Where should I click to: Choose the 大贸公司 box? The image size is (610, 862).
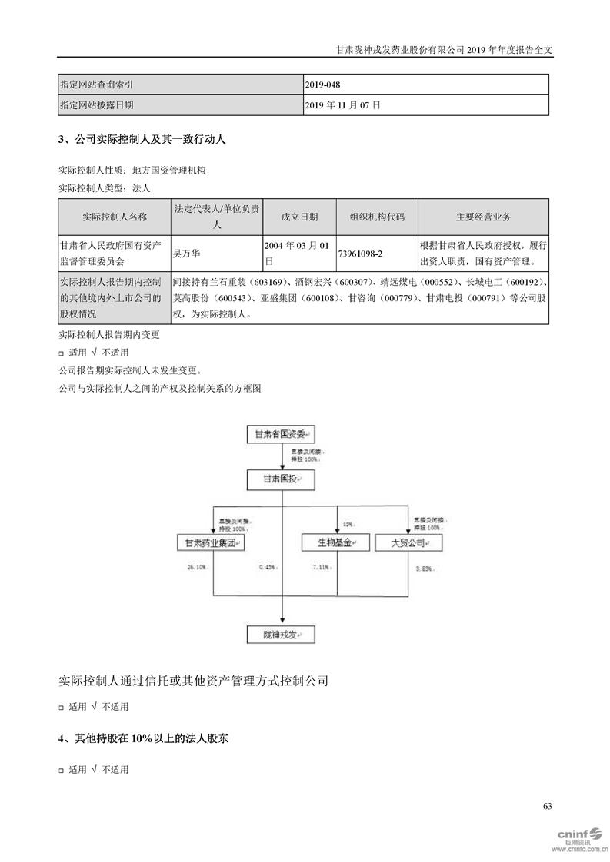[408, 543]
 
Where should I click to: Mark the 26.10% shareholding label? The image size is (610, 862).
[197, 568]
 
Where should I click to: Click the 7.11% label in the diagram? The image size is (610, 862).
[321, 568]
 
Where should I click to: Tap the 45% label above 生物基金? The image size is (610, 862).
[348, 524]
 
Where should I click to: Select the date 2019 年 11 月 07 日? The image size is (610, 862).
[343, 104]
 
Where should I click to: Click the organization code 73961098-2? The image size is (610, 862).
[376, 253]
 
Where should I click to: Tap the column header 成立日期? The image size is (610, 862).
[299, 217]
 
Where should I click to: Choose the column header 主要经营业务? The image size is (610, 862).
[483, 217]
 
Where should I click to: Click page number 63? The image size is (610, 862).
[547, 806]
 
